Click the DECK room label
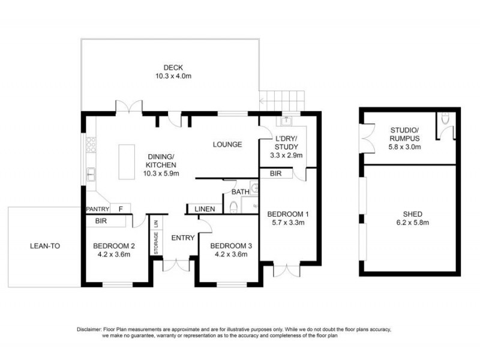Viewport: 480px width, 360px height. [173, 67]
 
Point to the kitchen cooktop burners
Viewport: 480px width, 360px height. [91, 145]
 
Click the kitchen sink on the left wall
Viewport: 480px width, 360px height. [91, 175]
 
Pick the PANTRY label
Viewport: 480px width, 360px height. [97, 209]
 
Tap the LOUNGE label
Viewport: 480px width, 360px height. [227, 145]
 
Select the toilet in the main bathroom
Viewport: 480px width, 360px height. [235, 207]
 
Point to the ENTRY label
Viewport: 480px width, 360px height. [182, 238]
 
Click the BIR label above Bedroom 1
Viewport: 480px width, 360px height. [276, 173]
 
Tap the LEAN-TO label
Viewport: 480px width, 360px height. [45, 246]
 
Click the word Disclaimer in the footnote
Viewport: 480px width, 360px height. [91, 330]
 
